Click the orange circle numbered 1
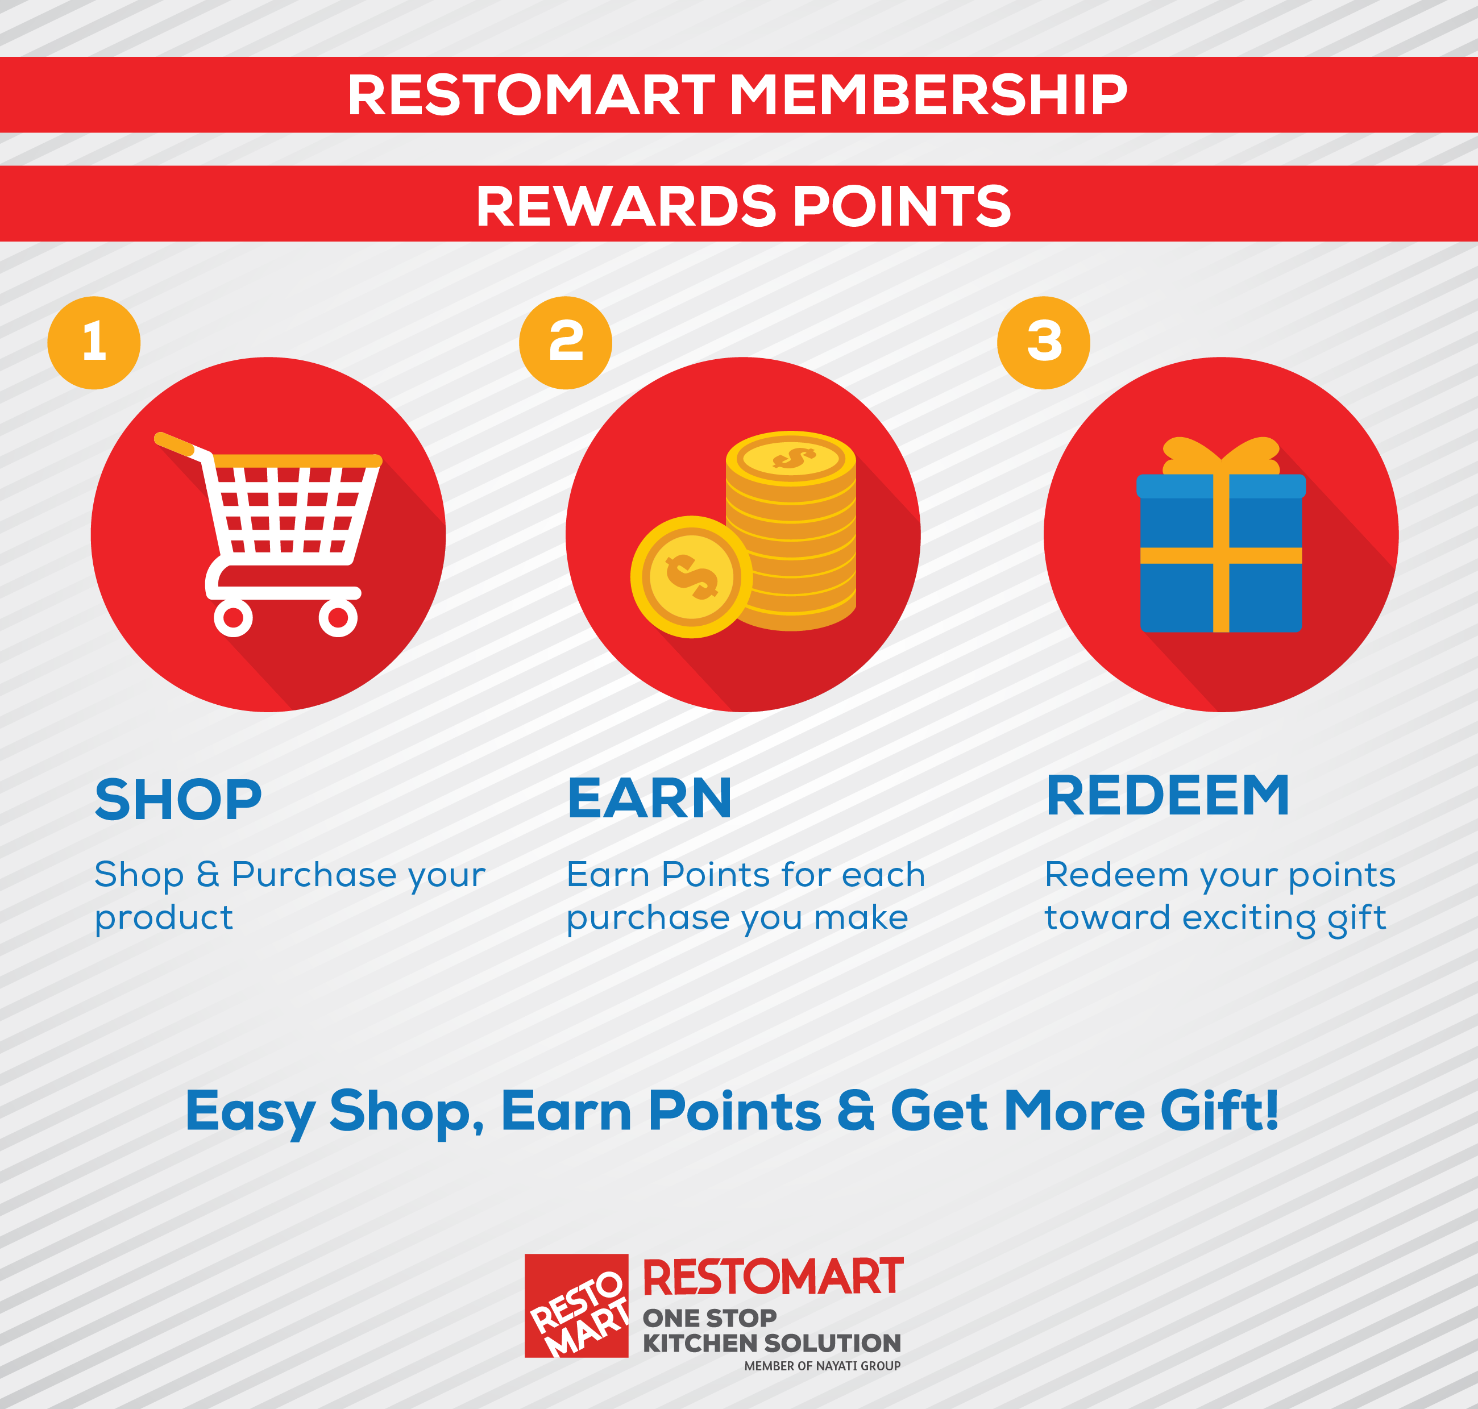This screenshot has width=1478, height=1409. point(94,343)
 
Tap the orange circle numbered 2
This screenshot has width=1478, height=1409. point(566,343)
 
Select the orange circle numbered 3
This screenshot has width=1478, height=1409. point(1043,343)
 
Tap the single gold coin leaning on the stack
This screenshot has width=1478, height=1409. point(691,577)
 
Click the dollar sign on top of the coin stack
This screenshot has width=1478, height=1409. point(793,458)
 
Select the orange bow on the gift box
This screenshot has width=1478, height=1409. point(1220,455)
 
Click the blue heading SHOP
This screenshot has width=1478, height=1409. point(178,799)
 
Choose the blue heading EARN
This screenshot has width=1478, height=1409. point(650,799)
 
